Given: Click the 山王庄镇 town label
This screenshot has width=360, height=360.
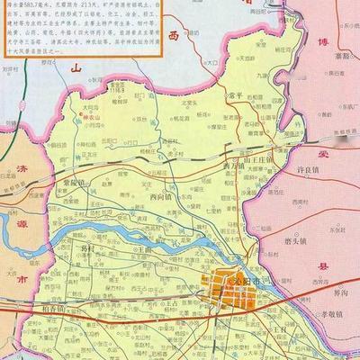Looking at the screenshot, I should click(x=251, y=154).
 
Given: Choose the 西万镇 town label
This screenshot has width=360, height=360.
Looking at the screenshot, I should click(x=232, y=166).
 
